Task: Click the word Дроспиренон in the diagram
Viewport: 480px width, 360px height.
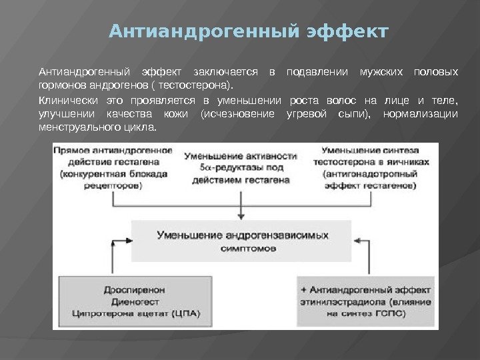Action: (x=134, y=290)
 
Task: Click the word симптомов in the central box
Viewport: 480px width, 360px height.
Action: (x=242, y=247)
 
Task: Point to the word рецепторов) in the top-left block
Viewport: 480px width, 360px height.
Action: (x=114, y=186)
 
